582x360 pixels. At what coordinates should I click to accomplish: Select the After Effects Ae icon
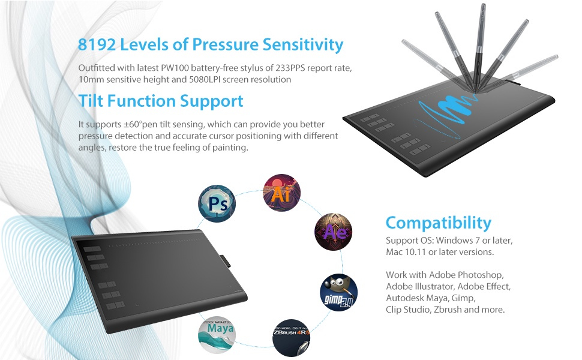(x=334, y=232)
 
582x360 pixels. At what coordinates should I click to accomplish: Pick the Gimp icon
(x=338, y=293)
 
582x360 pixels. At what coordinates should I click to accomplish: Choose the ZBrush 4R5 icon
(x=292, y=337)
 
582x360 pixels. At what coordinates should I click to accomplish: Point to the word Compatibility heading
(x=438, y=223)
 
